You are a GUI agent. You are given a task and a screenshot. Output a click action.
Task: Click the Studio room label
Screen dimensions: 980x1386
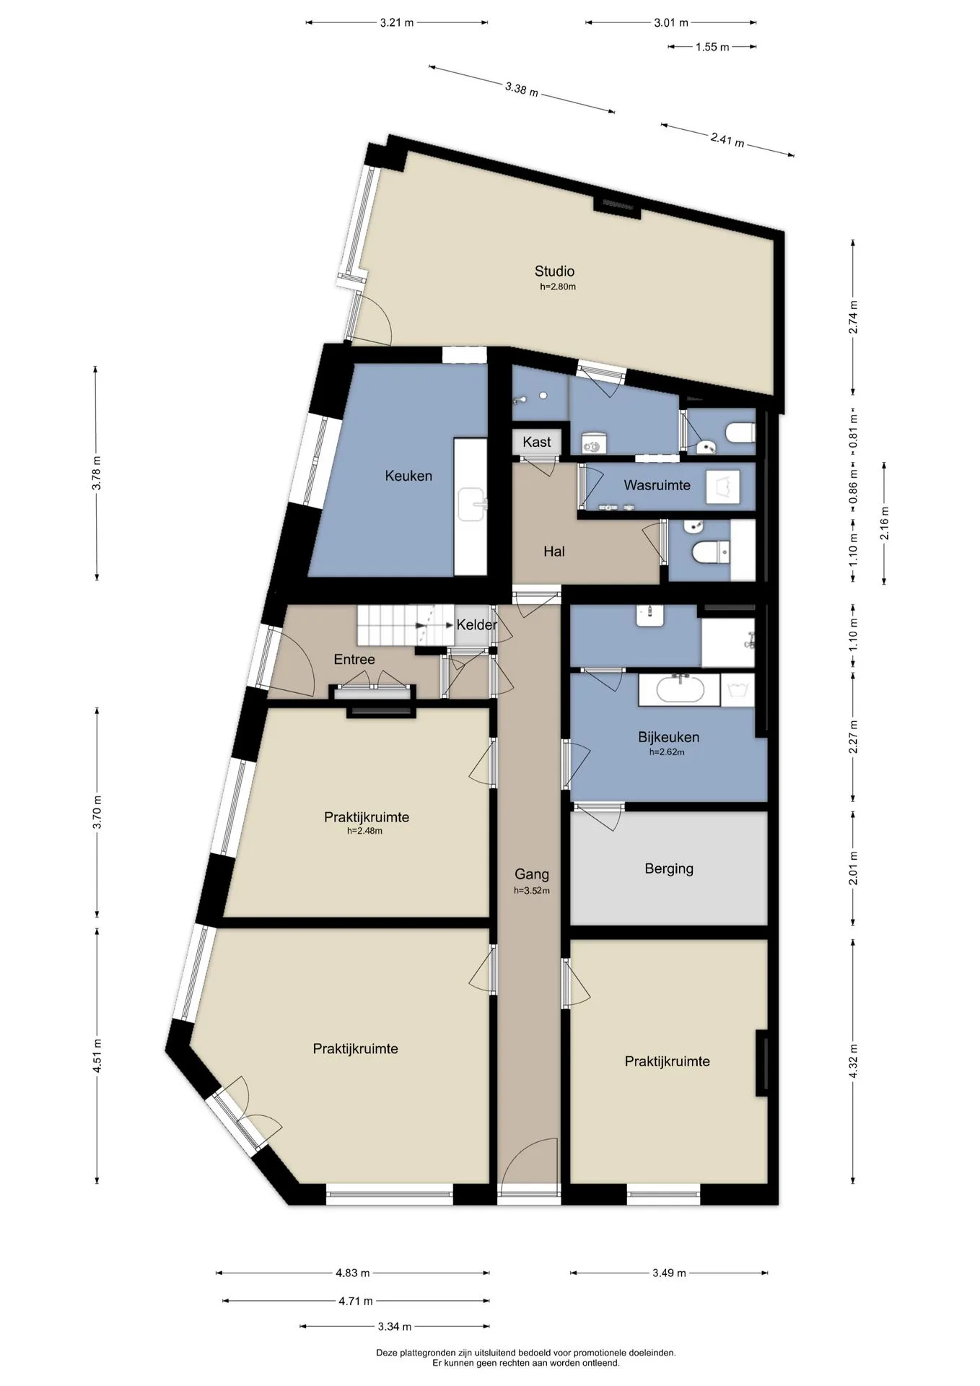pyautogui.click(x=554, y=271)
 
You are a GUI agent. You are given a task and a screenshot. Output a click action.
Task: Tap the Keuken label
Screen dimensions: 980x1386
pyautogui.click(x=408, y=476)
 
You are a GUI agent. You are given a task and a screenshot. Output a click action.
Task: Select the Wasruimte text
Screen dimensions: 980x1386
pyautogui.click(x=657, y=485)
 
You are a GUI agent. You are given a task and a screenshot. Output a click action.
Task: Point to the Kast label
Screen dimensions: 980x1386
pyautogui.click(x=536, y=442)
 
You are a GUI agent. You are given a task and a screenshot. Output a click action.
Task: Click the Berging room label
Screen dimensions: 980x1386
pyautogui.click(x=669, y=868)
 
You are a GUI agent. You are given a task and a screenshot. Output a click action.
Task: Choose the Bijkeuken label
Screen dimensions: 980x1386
pyautogui.click(x=668, y=737)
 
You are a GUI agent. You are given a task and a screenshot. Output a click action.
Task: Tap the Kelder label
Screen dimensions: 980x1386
pyautogui.click(x=476, y=624)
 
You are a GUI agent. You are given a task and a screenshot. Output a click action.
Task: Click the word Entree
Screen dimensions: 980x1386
pyautogui.click(x=354, y=659)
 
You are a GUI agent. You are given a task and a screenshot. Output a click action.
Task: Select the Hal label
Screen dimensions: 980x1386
pyautogui.click(x=554, y=552)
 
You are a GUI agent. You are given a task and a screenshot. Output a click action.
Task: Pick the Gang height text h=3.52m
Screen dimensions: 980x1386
pyautogui.click(x=532, y=891)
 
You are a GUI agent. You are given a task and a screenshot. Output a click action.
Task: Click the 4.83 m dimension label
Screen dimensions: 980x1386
pyautogui.click(x=353, y=1273)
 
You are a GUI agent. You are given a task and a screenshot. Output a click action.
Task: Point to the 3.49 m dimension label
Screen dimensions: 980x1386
pyautogui.click(x=668, y=1273)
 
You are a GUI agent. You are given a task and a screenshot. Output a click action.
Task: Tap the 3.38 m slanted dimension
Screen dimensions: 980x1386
pyautogui.click(x=521, y=90)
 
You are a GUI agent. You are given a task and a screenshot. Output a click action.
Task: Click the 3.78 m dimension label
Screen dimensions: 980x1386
pyautogui.click(x=97, y=473)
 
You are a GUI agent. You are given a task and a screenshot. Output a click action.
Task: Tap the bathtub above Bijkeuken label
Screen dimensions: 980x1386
pyautogui.click(x=679, y=690)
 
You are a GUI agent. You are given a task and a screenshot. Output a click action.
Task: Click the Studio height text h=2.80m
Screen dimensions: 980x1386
pyautogui.click(x=558, y=287)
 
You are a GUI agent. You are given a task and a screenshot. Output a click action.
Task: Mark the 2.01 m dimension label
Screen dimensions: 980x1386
pyautogui.click(x=854, y=868)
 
